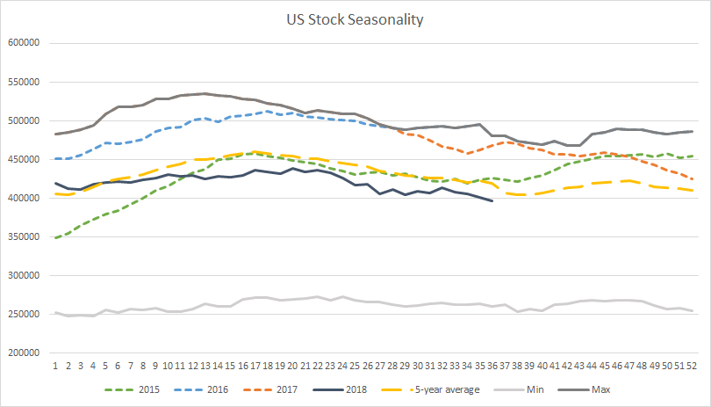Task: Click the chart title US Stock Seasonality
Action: click(355, 19)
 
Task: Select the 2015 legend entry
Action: click(132, 389)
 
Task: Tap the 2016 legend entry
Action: click(200, 389)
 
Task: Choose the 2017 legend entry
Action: click(270, 389)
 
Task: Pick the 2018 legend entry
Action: click(340, 389)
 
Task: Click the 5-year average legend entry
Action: click(430, 389)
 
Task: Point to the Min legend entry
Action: click(519, 389)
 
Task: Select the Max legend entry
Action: click(584, 389)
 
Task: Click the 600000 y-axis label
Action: click(24, 43)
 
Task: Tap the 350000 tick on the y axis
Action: click(24, 236)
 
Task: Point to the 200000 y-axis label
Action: click(24, 353)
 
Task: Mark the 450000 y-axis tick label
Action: click(24, 159)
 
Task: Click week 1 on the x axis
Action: click(55, 366)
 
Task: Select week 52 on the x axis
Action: click(692, 366)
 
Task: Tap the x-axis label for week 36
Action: click(492, 366)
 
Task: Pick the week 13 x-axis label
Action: click(205, 366)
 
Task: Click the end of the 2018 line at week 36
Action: click(492, 200)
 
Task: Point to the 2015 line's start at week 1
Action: click(55, 238)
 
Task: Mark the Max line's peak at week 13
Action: click(205, 93)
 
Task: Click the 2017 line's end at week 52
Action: click(692, 179)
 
